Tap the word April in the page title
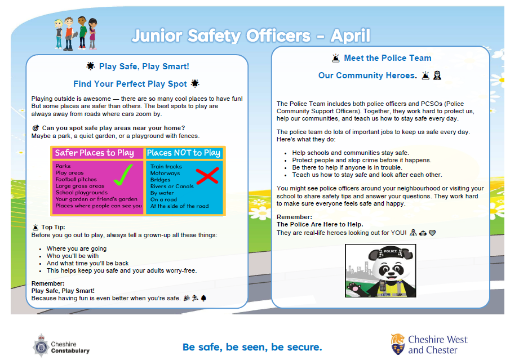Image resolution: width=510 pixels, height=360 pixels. point(351,36)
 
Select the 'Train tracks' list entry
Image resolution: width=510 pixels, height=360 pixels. point(166,167)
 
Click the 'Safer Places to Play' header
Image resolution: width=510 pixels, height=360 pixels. point(95,153)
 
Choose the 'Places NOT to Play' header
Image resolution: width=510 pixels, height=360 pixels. point(184,153)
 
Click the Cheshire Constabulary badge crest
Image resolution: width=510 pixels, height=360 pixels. point(41,344)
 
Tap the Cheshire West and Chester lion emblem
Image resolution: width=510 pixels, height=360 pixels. point(397,343)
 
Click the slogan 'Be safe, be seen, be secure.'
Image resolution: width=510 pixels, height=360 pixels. point(252,346)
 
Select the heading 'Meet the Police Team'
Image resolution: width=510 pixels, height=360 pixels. point(387,58)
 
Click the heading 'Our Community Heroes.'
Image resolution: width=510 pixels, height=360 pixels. point(367,75)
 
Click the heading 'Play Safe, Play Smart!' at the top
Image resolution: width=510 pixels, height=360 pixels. point(144,66)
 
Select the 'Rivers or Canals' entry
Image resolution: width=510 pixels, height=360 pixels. point(172,186)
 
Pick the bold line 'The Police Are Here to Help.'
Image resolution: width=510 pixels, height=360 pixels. point(320,224)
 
